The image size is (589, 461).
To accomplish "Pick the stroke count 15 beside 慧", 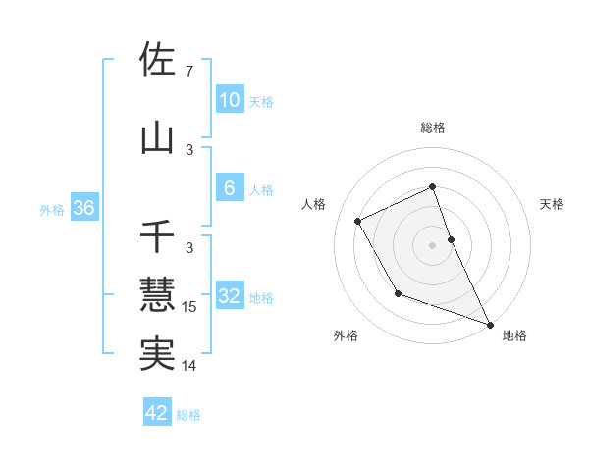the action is point(190,307).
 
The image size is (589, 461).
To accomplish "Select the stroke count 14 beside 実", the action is point(190,366).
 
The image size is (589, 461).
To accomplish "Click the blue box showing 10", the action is point(229,99).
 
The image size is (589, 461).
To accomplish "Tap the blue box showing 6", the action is point(229,188).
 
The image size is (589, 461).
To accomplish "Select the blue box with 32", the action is point(229,296).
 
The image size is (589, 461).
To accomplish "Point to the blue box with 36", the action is point(83,209).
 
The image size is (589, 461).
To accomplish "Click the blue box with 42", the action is point(157,413).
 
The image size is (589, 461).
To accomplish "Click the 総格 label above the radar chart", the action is point(433,128).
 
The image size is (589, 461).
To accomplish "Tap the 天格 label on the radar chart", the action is point(553,204).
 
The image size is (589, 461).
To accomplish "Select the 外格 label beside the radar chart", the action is point(346,335).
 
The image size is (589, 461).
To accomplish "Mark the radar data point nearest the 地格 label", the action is point(490,325).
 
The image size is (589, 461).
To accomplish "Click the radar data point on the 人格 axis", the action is point(358,221).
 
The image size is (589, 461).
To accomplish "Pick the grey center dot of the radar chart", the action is point(433,244).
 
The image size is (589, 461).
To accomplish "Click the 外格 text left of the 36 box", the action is point(52,210).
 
